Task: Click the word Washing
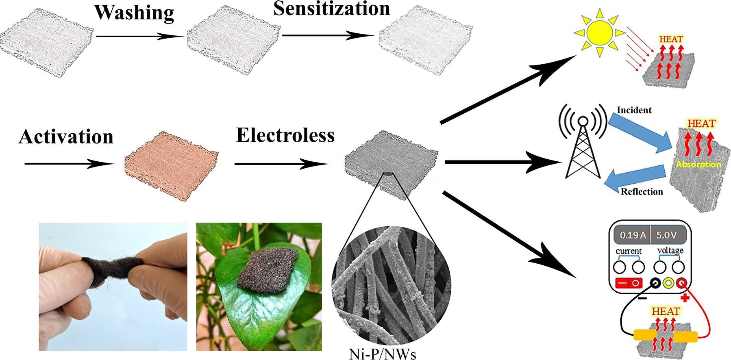[134, 13]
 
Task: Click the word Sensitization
[331, 9]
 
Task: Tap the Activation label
[66, 137]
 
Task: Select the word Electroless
[285, 135]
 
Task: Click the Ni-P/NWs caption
[382, 354]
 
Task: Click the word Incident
[634, 110]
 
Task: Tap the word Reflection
[642, 191]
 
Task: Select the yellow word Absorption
[698, 164]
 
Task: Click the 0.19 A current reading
[632, 235]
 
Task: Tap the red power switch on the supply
[629, 283]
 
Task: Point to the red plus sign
[685, 298]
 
